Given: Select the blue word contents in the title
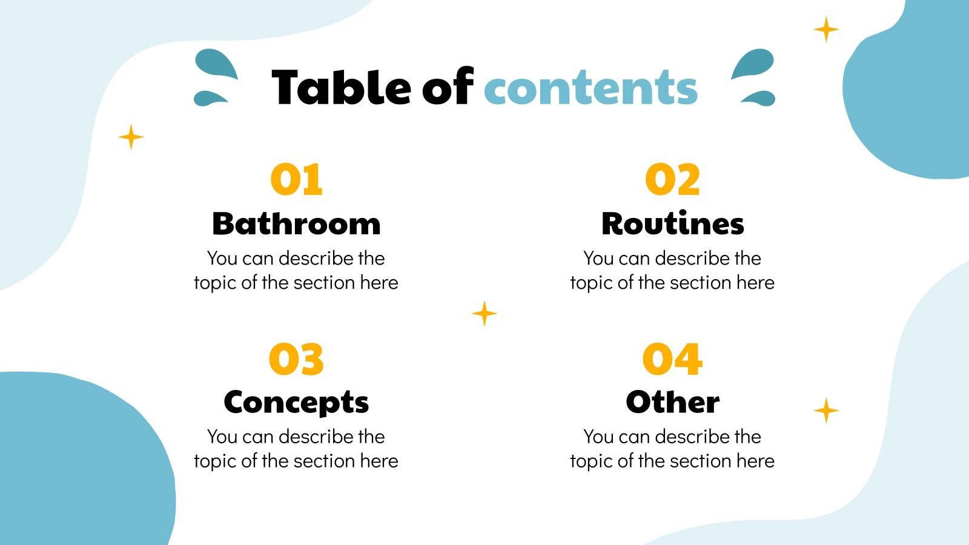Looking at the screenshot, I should tap(590, 88).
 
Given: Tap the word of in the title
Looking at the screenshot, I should tap(447, 87).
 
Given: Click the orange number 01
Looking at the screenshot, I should tap(296, 180).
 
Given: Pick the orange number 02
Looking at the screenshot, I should tap(672, 180).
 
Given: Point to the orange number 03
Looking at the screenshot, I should tap(296, 358).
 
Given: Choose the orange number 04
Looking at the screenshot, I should tap(672, 358).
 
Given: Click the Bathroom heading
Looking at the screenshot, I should tap(296, 223).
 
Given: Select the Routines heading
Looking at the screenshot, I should tap(672, 223).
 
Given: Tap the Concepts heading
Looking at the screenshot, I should tap(296, 402).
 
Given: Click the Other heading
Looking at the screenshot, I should tap(672, 402).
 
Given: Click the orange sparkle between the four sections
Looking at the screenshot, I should tap(484, 314).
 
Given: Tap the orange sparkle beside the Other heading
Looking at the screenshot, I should tap(825, 411).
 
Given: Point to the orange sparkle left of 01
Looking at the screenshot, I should tap(131, 137).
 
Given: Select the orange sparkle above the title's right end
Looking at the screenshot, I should tap(825, 29).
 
